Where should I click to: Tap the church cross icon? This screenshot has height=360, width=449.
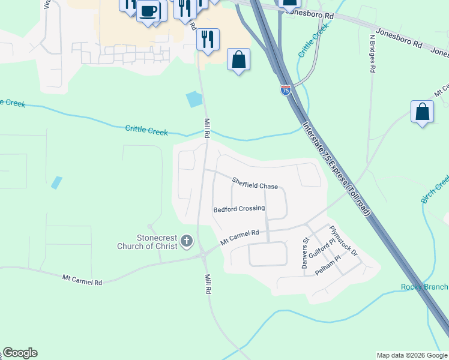click(187, 242)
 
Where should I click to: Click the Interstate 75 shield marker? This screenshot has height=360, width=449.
click(285, 90)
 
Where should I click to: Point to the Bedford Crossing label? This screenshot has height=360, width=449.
click(239, 209)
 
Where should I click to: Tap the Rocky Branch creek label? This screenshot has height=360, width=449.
click(424, 287)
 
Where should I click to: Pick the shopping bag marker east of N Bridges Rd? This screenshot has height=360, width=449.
click(422, 112)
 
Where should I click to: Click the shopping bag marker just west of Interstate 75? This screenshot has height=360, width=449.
click(238, 59)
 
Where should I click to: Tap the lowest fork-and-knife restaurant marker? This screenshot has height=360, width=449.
click(208, 40)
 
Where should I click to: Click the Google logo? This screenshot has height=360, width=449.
click(20, 353)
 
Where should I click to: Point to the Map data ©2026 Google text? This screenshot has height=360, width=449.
click(412, 355)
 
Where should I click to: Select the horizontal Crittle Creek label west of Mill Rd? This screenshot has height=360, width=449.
click(146, 130)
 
